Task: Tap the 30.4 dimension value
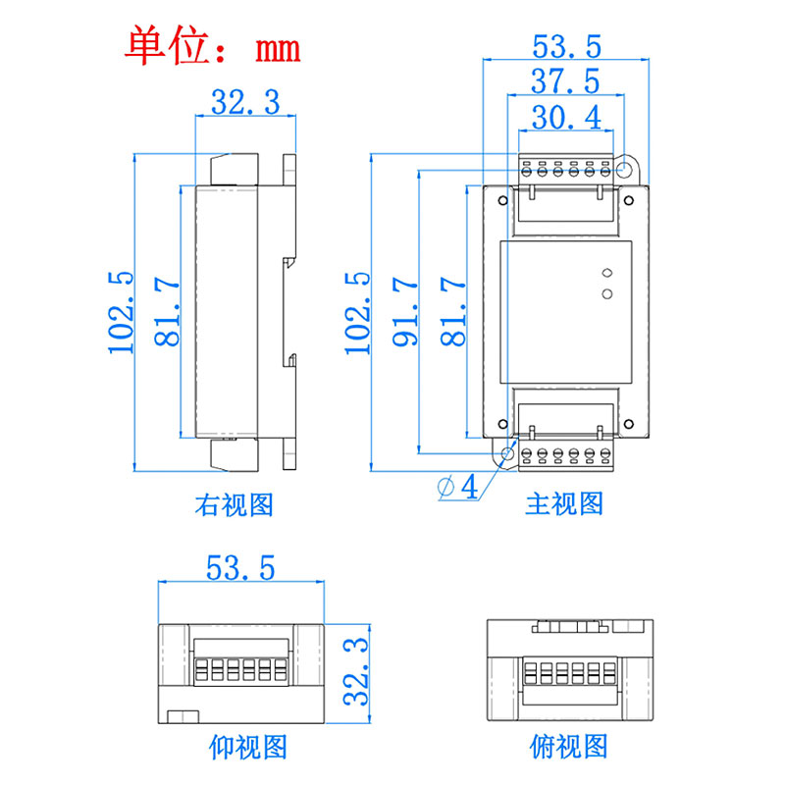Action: pyautogui.click(x=564, y=118)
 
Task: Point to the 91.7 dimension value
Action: pyautogui.click(x=405, y=311)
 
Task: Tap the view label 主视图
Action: pyautogui.click(x=564, y=504)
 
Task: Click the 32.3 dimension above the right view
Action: pyautogui.click(x=246, y=101)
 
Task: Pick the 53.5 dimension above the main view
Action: pyautogui.click(x=565, y=46)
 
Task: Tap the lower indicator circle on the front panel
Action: pyautogui.click(x=606, y=292)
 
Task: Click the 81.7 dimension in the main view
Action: pyautogui.click(x=452, y=311)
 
